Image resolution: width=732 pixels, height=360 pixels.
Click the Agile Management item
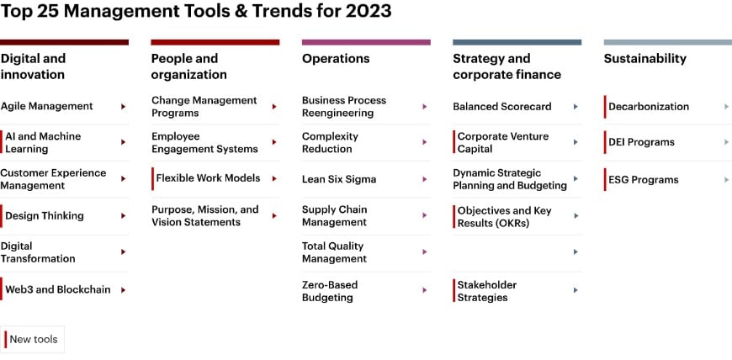pyautogui.click(x=46, y=107)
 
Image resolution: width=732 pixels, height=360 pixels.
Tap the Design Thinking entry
pyautogui.click(x=44, y=216)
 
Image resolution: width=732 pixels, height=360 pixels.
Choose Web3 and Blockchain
pyautogui.click(x=57, y=289)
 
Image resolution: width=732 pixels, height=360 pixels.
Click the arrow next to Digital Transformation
pyautogui.click(x=123, y=252)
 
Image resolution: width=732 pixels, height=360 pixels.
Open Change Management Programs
pyautogui.click(x=204, y=107)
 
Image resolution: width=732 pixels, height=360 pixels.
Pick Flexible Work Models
pyautogui.click(x=208, y=178)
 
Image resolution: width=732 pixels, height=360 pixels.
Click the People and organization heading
pyautogui.click(x=184, y=66)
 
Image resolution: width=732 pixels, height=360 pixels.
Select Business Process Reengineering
pyautogui.click(x=343, y=107)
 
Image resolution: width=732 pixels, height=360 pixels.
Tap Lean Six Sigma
pyautogui.click(x=338, y=179)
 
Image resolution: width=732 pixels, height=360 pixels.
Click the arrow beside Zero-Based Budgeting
pyautogui.click(x=425, y=290)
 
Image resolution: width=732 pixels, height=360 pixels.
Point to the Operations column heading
pyautogui.click(x=335, y=59)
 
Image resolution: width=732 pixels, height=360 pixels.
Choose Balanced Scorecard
pyautogui.click(x=501, y=107)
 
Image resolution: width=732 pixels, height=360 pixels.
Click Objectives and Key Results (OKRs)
pyautogui.click(x=504, y=216)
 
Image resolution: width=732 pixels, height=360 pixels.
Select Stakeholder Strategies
pyautogui.click(x=486, y=291)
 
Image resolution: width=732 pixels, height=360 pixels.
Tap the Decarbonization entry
pyautogui.click(x=648, y=107)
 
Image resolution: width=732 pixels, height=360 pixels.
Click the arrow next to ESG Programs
pyautogui.click(x=726, y=180)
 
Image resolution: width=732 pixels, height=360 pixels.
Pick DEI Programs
pyautogui.click(x=641, y=142)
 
